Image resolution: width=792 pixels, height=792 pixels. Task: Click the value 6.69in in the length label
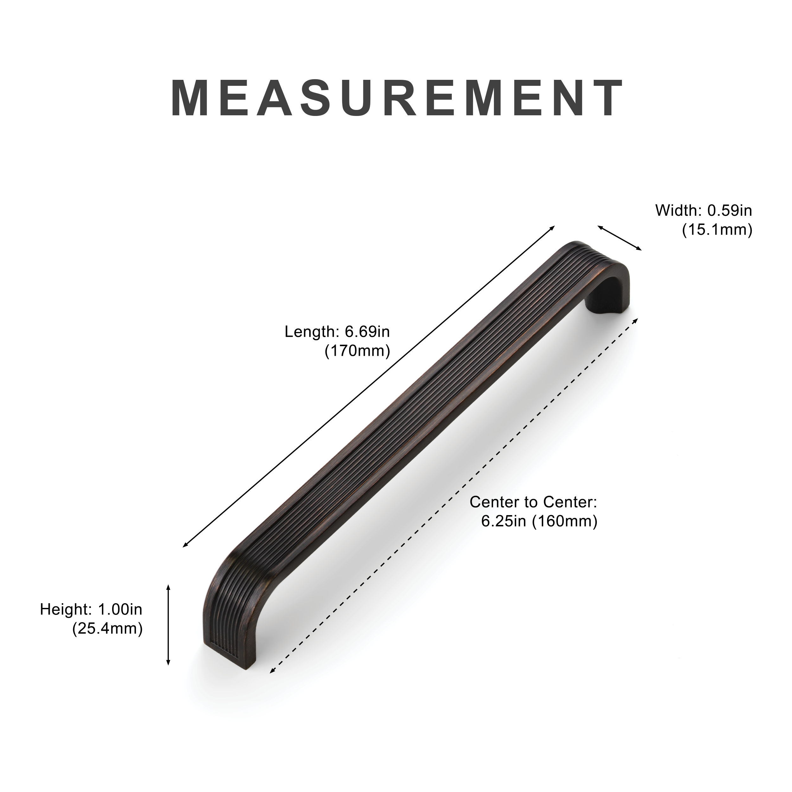coord(367,332)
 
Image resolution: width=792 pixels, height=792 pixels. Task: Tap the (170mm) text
coord(357,351)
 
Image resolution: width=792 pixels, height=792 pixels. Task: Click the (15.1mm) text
coord(717,230)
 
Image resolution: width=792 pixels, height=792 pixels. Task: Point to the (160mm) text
coord(565,521)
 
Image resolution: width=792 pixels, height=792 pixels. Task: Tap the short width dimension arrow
coord(619,238)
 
